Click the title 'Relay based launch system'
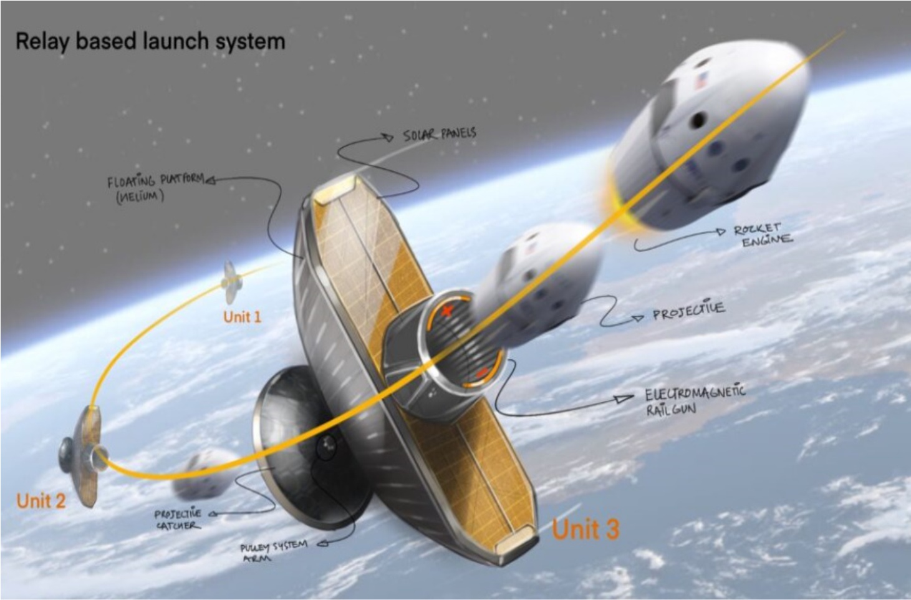coord(150,42)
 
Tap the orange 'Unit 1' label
coord(242,317)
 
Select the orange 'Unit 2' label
coord(41,501)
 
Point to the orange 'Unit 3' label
coord(586,529)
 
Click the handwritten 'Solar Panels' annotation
coord(439,135)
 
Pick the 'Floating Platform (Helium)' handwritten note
coord(156,188)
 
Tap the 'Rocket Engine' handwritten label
coord(763,235)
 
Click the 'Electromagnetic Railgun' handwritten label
coord(695,400)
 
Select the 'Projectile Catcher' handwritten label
coord(178,519)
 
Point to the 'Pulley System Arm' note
coord(274,550)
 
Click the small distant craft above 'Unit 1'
coord(232,283)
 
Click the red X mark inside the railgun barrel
coord(447,311)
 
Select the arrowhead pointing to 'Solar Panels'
coord(388,137)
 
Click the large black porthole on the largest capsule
coord(699,120)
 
